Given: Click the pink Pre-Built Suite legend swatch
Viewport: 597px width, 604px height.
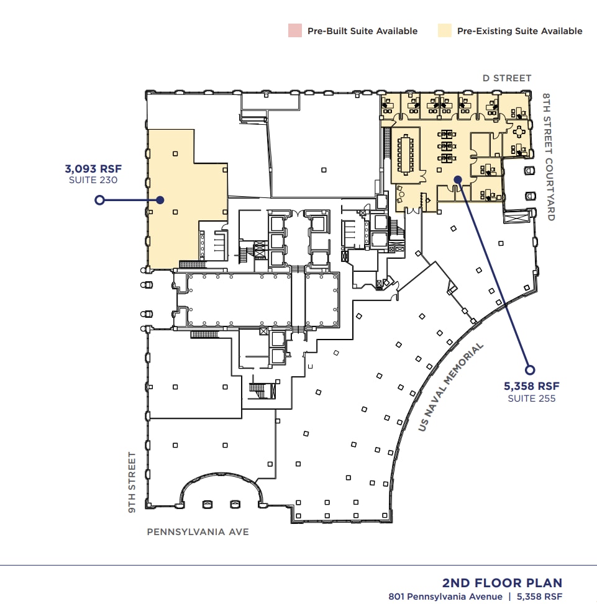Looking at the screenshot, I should click(294, 30).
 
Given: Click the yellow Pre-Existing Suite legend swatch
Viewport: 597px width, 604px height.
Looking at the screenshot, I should click(444, 30).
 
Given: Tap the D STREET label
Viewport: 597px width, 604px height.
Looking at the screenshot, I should click(507, 78).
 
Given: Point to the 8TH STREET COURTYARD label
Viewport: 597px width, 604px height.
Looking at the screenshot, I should click(547, 157).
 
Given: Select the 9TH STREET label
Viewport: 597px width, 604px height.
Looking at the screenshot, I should click(132, 482).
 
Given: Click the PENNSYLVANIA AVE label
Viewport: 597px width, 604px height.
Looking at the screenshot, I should click(198, 532).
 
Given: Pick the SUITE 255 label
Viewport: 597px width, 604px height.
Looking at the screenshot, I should click(531, 398).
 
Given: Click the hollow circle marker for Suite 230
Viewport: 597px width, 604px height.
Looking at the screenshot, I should click(98, 200).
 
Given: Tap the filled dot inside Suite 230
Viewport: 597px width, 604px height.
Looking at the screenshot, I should click(160, 200).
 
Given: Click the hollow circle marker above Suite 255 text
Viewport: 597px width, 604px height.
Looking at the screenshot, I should click(529, 370).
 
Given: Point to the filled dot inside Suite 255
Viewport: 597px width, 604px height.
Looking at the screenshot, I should click(457, 179).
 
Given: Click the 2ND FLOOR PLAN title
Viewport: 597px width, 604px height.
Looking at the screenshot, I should click(502, 583).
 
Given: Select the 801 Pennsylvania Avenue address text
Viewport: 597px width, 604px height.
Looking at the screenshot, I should click(445, 597).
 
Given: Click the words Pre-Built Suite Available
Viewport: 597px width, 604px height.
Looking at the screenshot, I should click(362, 31).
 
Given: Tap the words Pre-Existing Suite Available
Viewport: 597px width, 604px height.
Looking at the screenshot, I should click(519, 31).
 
